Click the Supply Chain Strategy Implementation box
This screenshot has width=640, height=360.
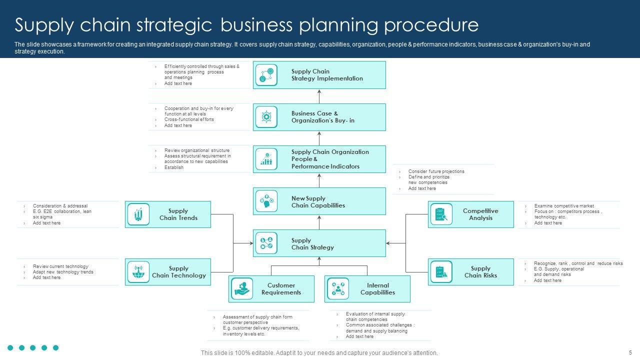click(319, 75)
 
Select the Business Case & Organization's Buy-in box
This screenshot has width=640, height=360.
click(319, 117)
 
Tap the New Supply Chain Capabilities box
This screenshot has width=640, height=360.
click(319, 201)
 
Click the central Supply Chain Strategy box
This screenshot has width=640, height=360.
click(319, 243)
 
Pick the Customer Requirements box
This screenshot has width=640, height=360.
click(271, 289)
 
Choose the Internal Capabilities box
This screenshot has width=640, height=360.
click(367, 289)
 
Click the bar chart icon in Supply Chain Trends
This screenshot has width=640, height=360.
click(138, 214)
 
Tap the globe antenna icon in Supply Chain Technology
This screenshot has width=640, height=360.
click(138, 272)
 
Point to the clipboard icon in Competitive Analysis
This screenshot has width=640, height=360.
click(441, 214)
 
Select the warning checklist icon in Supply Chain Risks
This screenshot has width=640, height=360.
click(441, 272)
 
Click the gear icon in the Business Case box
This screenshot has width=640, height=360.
click(266, 117)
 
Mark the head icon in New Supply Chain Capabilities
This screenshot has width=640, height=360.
click(266, 201)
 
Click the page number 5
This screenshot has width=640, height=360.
click(630, 352)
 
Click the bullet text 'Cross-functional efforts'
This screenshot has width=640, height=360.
click(189, 119)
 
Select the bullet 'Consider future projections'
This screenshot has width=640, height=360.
click(436, 171)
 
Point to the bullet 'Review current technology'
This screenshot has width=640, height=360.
click(60, 266)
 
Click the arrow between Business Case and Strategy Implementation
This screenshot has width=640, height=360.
click(319, 96)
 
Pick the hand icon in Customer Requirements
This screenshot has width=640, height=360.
click(242, 289)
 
